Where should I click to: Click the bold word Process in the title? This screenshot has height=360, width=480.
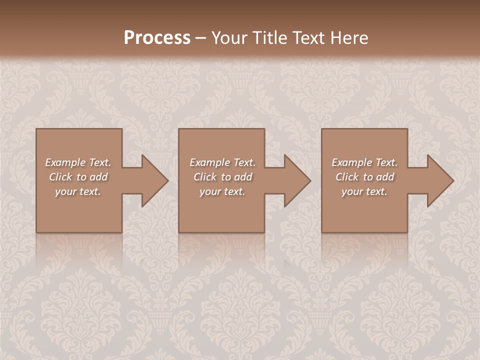[157, 38]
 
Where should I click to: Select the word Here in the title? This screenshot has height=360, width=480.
[349, 38]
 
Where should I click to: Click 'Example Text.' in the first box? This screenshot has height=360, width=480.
[78, 162]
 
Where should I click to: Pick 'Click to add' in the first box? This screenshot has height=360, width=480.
[78, 177]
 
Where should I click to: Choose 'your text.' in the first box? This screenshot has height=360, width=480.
[78, 191]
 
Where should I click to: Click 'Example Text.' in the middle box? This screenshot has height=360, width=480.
[222, 162]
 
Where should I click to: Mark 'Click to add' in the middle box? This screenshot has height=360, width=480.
[222, 177]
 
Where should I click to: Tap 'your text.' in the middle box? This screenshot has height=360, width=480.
[222, 191]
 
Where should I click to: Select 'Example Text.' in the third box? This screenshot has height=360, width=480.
[364, 162]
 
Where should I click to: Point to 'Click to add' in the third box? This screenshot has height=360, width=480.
[364, 177]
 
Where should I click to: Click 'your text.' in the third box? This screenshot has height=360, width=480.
[364, 191]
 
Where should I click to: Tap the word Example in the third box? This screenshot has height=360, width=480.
[352, 162]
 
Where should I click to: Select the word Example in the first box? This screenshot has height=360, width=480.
[65, 162]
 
